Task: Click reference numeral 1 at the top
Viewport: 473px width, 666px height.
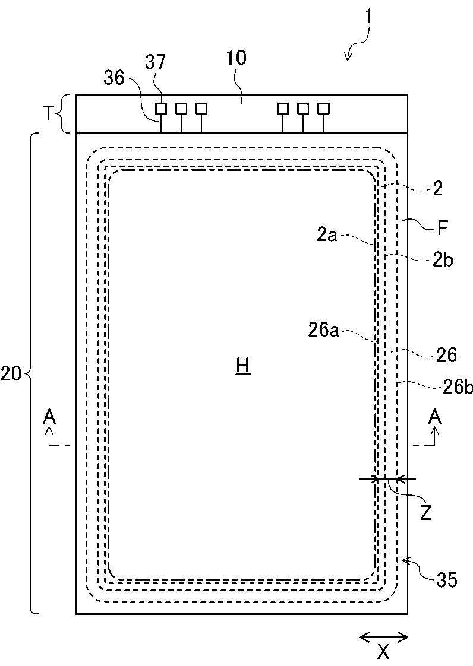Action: click(369, 17)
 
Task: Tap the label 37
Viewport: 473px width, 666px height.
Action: click(155, 62)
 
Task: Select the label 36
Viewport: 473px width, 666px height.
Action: click(114, 78)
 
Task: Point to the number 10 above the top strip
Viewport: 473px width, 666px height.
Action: click(236, 58)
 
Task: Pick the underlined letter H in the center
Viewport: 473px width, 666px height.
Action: click(243, 367)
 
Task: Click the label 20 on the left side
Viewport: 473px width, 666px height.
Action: click(11, 374)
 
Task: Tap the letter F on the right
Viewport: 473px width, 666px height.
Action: click(442, 229)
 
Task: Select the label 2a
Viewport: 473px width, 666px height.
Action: click(327, 235)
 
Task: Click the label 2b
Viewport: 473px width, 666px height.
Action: click(443, 260)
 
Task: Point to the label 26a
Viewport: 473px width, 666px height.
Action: click(324, 330)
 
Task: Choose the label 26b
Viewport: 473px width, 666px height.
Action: click(458, 388)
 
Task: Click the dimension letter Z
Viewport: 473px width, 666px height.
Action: click(425, 513)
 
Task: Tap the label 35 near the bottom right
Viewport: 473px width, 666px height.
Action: click(447, 580)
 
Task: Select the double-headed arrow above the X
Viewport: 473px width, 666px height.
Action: click(384, 637)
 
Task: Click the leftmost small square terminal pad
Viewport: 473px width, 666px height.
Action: click(161, 109)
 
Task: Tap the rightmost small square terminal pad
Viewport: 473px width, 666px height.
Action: click(324, 109)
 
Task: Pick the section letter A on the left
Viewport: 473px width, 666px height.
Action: click(49, 417)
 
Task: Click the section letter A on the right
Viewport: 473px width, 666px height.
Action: click(435, 417)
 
